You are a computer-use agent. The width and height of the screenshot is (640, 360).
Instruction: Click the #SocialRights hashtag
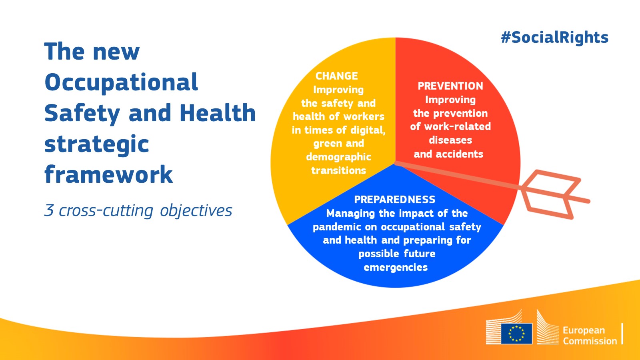coord(554,38)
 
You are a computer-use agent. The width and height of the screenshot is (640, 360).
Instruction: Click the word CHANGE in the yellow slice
coord(336,76)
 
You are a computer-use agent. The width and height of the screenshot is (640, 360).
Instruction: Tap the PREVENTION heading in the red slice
coord(450,86)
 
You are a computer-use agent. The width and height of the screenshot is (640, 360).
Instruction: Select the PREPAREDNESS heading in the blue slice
coord(395,200)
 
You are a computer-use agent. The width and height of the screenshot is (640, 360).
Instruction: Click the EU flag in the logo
coord(516,334)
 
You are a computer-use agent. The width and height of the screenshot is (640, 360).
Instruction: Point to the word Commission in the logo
coord(590,341)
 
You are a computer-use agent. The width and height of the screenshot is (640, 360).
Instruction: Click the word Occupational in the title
coord(121,82)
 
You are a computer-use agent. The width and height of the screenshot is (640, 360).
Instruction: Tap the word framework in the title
coord(108,175)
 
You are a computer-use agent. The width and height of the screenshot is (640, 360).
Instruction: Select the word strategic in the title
coord(96,144)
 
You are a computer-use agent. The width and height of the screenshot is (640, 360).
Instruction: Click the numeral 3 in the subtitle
coord(49,210)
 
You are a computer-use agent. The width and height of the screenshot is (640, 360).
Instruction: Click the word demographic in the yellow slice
coord(338,157)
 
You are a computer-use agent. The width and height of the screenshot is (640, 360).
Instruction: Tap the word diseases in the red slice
coord(450,140)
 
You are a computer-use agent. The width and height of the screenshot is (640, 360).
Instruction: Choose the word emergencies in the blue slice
coord(396,267)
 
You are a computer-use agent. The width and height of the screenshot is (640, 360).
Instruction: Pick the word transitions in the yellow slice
coord(338,171)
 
